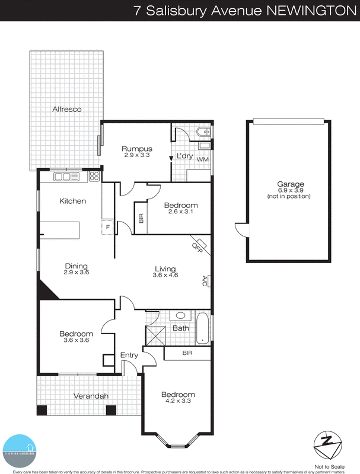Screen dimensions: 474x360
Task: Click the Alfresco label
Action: coord(66,110)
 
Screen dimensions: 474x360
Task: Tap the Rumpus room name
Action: coord(137,149)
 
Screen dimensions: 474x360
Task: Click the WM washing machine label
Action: coord(202,159)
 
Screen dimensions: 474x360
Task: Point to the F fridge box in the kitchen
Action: coord(107,227)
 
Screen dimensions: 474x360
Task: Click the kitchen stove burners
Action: coord(94,176)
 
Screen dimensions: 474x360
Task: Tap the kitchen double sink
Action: coord(63,176)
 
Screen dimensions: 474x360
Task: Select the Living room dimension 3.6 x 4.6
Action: coord(164,276)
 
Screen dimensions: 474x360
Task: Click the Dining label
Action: coord(76,265)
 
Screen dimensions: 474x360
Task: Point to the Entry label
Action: coord(129,355)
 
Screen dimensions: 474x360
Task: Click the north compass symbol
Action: coord(328,441)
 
